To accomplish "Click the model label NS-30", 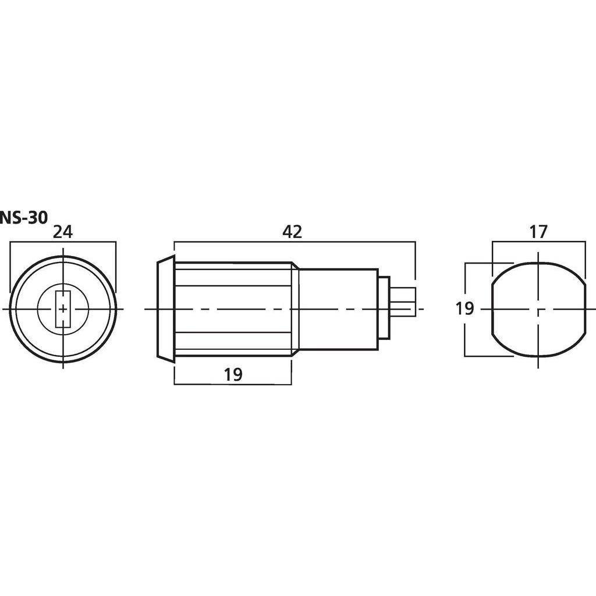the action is [23, 218].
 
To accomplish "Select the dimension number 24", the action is [63, 232].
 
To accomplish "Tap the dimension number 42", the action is [292, 232].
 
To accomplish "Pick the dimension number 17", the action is [538, 232].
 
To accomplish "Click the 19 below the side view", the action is [233, 375].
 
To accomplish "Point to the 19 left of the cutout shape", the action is [464, 308].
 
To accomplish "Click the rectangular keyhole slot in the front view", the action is [63, 309].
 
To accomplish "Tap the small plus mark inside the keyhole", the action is [63, 309].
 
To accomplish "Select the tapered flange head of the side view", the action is [166, 309].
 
